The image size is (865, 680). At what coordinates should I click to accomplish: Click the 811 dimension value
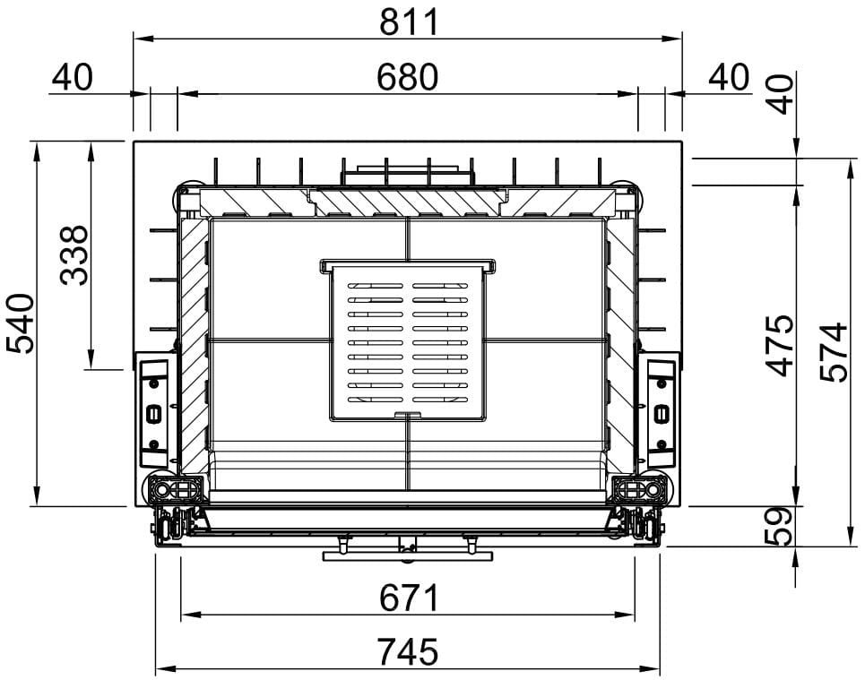[x=409, y=22]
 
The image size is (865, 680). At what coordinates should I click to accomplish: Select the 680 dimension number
[x=408, y=77]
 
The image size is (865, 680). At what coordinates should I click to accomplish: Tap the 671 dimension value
[x=409, y=598]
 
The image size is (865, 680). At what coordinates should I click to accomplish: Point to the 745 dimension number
[x=408, y=652]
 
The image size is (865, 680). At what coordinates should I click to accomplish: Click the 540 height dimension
[x=21, y=323]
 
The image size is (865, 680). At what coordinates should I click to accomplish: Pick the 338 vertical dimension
[x=74, y=254]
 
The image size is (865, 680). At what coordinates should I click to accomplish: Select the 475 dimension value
[x=781, y=346]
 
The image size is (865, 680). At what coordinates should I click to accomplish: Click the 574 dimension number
[x=834, y=352]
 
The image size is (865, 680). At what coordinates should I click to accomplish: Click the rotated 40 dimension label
[x=781, y=94]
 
